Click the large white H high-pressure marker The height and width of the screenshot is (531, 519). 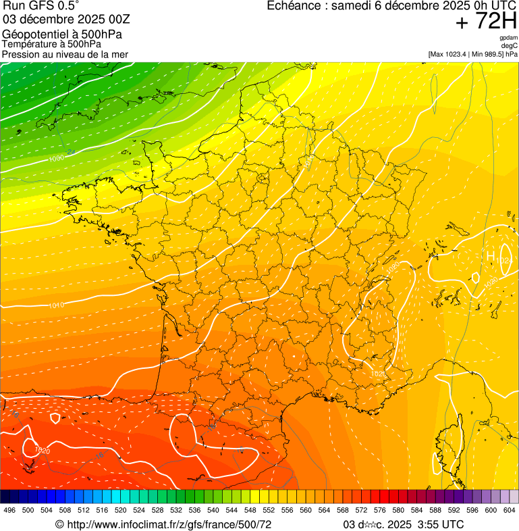coord(491,257)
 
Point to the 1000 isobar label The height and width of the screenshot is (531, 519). coord(56,159)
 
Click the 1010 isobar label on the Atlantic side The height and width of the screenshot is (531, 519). coord(56,305)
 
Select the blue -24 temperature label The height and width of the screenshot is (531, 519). coord(71,152)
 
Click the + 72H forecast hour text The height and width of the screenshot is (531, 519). coord(486,22)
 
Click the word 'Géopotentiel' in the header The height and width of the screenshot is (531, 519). coord(32,34)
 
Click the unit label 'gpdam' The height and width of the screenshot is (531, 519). coord(508,38)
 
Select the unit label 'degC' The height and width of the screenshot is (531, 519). coord(510,46)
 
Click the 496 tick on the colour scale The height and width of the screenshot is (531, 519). coord(9,510)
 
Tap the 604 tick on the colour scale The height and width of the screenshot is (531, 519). coord(510,510)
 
